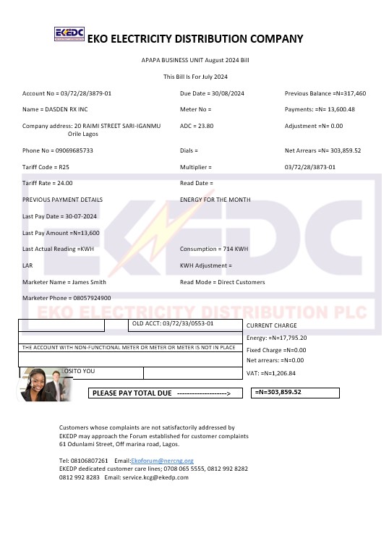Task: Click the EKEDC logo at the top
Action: click(69, 35)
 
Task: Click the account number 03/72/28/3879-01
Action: click(85, 93)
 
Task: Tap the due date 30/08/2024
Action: click(224, 93)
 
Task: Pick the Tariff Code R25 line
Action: click(46, 166)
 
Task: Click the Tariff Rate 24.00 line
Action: click(47, 183)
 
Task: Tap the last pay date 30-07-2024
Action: click(80, 216)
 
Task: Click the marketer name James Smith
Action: click(88, 281)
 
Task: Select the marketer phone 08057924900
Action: click(90, 298)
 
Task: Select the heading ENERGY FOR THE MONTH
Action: click(215, 200)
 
